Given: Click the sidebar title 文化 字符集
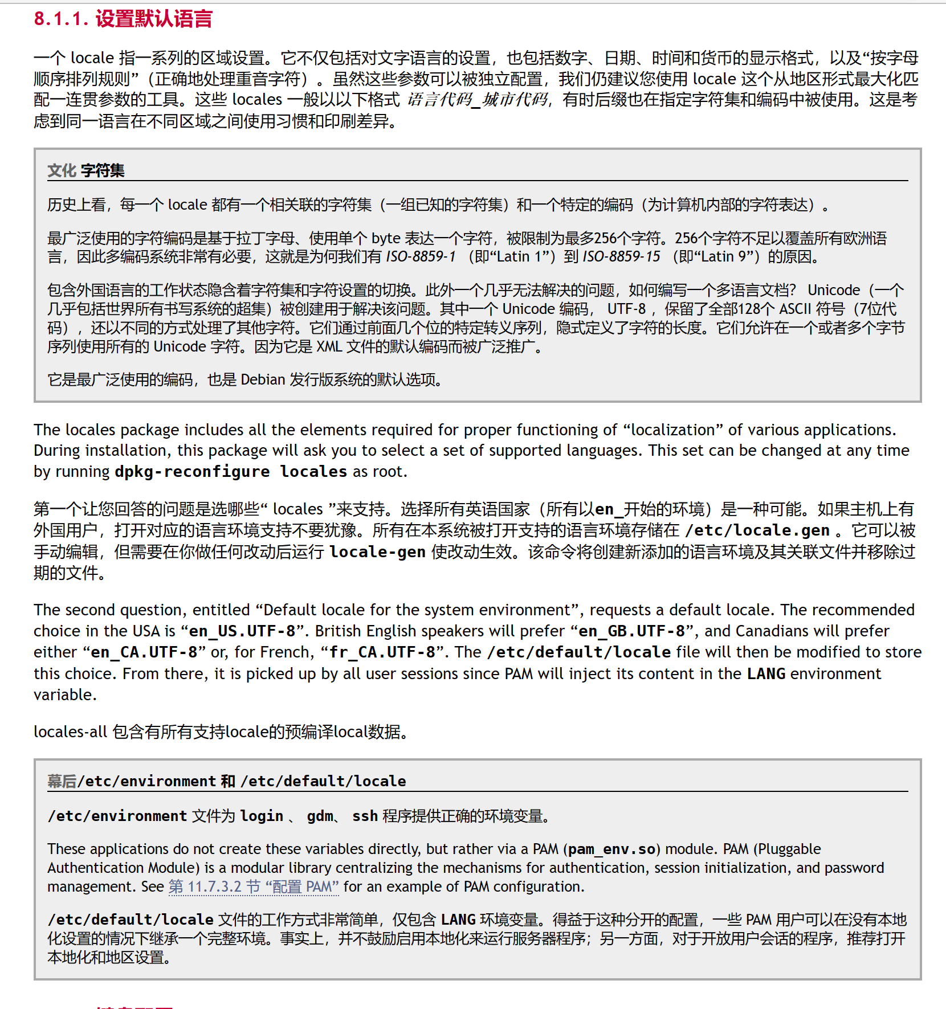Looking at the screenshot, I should pyautogui.click(x=85, y=170).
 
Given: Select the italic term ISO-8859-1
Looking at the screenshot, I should pyautogui.click(x=421, y=257).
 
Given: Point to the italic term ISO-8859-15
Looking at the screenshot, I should pyautogui.click(x=621, y=257).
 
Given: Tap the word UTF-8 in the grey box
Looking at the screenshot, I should pyautogui.click(x=626, y=309).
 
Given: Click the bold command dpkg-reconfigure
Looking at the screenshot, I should pyautogui.click(x=192, y=472).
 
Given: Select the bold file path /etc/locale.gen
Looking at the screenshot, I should pyautogui.click(x=757, y=530).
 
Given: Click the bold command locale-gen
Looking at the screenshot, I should pyautogui.click(x=377, y=552).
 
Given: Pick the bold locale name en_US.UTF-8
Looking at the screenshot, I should pyautogui.click(x=242, y=631).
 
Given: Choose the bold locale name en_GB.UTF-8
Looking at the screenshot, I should pyautogui.click(x=631, y=631).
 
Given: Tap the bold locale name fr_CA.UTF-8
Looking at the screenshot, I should pyautogui.click(x=382, y=652).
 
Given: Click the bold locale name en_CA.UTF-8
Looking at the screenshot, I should pyautogui.click(x=144, y=652).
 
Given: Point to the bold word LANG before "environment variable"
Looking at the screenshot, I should pyautogui.click(x=766, y=674).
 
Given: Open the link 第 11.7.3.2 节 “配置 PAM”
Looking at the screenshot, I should pyautogui.click(x=254, y=887).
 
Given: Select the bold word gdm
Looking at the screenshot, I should pyautogui.click(x=320, y=816).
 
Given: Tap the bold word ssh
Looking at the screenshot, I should pyautogui.click(x=365, y=816).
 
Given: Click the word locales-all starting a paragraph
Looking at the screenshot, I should pyautogui.click(x=70, y=732).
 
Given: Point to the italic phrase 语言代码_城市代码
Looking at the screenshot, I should pyautogui.click(x=478, y=100).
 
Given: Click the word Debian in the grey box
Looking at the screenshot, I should pyautogui.click(x=263, y=380).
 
